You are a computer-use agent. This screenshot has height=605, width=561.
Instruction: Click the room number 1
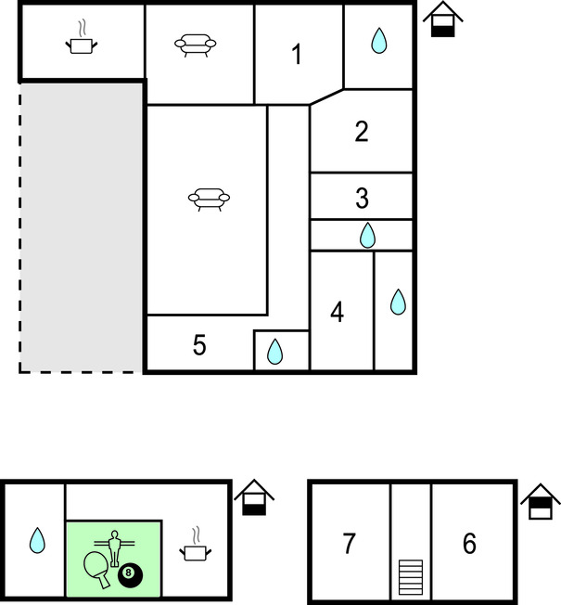(x=297, y=54)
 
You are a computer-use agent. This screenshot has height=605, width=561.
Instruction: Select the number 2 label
(x=362, y=132)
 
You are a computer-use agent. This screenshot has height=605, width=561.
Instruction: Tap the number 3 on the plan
(x=362, y=198)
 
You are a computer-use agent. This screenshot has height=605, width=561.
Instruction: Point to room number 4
(x=338, y=312)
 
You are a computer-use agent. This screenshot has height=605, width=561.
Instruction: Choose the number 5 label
(x=199, y=344)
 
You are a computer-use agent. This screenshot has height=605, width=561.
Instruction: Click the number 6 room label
(x=469, y=543)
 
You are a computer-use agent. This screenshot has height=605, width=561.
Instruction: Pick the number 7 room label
(x=349, y=543)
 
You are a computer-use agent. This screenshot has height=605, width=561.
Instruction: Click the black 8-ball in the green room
(x=130, y=573)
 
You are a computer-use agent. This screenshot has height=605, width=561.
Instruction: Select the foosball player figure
(x=114, y=547)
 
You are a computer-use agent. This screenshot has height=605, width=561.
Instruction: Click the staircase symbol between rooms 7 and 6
(x=411, y=577)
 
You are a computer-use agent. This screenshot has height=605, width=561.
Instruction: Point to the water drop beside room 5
(x=274, y=352)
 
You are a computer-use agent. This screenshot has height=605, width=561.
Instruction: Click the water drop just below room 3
(x=367, y=235)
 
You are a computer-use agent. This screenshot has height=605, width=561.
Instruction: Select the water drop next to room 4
(x=398, y=302)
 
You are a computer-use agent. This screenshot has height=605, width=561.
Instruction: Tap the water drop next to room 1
(x=379, y=41)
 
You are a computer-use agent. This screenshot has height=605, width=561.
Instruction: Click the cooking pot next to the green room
(x=196, y=550)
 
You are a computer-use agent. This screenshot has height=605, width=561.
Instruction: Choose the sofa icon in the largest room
(x=209, y=200)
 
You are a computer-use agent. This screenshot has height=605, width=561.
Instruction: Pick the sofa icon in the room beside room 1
(x=196, y=45)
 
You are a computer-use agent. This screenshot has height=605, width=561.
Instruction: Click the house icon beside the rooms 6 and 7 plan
(x=541, y=501)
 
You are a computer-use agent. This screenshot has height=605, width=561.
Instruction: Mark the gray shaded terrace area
(x=82, y=227)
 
